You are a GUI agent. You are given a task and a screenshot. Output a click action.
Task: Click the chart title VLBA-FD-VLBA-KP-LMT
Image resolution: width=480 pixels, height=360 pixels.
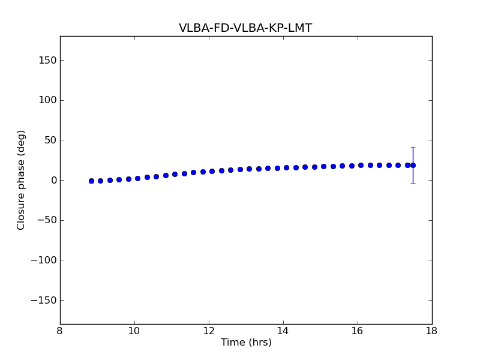[x=245, y=28]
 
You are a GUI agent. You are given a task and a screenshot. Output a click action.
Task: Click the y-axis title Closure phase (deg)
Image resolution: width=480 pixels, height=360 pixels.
[x=22, y=180]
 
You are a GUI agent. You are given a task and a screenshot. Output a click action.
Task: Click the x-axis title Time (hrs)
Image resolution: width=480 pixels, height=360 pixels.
[x=246, y=343]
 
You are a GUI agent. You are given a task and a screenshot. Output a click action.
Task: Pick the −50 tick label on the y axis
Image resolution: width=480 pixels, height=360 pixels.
[x=46, y=220]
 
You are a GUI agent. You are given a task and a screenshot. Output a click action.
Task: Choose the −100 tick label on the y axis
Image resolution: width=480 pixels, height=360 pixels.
[x=43, y=260]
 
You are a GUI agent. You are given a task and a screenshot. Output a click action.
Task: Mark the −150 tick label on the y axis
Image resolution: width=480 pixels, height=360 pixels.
[x=43, y=300]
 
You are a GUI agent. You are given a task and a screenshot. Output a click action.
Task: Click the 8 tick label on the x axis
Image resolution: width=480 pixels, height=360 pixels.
[x=60, y=331]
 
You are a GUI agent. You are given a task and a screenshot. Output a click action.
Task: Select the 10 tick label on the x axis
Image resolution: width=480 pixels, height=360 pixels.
[x=134, y=331]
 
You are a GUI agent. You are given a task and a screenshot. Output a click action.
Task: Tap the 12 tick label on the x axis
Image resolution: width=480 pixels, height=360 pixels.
[x=209, y=331]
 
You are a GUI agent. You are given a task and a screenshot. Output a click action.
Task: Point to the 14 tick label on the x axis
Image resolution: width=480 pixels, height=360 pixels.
[x=283, y=331]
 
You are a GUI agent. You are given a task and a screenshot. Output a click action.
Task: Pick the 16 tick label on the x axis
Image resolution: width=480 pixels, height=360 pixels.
[x=358, y=331]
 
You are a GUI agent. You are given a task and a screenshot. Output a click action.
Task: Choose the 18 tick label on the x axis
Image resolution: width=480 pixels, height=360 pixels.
[x=432, y=331]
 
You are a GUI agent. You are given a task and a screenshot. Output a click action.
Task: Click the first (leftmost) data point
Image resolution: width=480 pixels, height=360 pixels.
[x=91, y=181]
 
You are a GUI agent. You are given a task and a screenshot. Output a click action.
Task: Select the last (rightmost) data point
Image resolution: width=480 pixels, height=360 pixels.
[x=413, y=165]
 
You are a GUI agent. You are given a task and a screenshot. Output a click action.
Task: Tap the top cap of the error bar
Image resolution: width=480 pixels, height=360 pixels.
[x=413, y=147]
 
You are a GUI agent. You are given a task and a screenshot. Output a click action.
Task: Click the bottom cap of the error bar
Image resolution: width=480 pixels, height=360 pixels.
[x=413, y=183]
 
